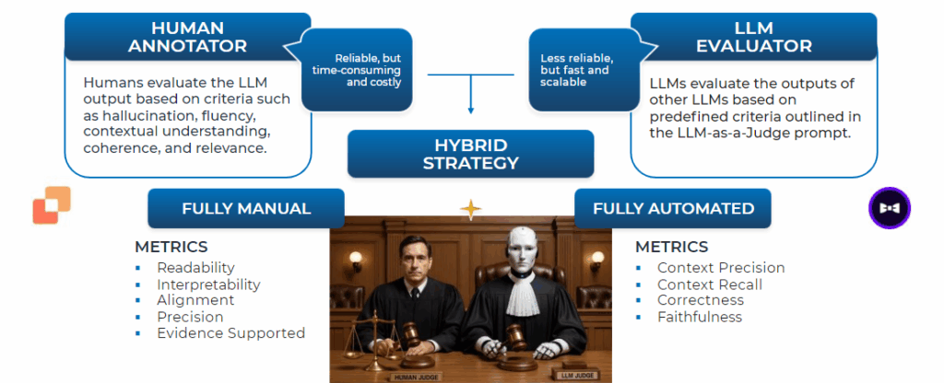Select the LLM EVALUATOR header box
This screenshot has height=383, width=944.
click(x=754, y=36)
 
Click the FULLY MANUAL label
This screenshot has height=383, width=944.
click(x=246, y=208)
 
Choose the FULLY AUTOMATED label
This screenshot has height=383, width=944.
click(x=673, y=208)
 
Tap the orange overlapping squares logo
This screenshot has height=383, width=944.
click(x=52, y=205)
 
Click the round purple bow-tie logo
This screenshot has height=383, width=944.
click(x=890, y=208)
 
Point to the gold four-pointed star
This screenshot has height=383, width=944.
click(x=471, y=210)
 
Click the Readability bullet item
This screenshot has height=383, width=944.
click(x=197, y=268)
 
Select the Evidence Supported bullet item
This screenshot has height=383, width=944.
click(x=230, y=333)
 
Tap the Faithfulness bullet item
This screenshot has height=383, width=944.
click(x=699, y=317)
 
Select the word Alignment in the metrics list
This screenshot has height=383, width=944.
click(x=195, y=300)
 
